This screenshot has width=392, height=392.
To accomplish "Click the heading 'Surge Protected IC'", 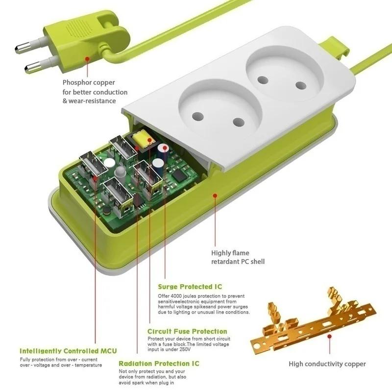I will [x=190, y=287].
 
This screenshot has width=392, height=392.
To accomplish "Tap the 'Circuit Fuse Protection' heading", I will [x=187, y=331].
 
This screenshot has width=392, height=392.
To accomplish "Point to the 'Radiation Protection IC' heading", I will [x=159, y=364].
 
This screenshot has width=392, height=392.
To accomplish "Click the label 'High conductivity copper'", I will [x=327, y=364].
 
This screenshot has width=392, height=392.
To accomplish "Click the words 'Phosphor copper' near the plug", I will [x=88, y=83].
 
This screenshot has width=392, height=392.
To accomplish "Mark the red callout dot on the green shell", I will [x=214, y=196].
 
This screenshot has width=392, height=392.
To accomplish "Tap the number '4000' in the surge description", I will [x=178, y=296].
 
